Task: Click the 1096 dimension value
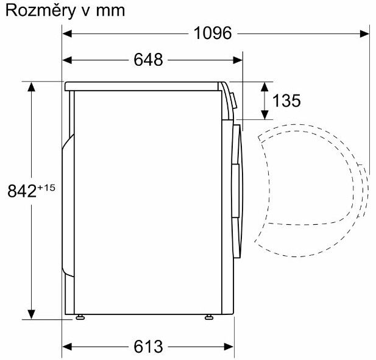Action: [x=213, y=33]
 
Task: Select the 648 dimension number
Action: [x=148, y=60]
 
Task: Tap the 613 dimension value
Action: [x=148, y=347]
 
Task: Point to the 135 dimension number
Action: [x=286, y=101]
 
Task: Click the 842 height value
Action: [x=21, y=191]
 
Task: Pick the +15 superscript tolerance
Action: [x=46, y=188]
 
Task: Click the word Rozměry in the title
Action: [x=40, y=11]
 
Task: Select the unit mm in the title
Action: [x=110, y=12]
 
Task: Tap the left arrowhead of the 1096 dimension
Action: [x=67, y=34]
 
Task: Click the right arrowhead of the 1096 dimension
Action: [x=364, y=34]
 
